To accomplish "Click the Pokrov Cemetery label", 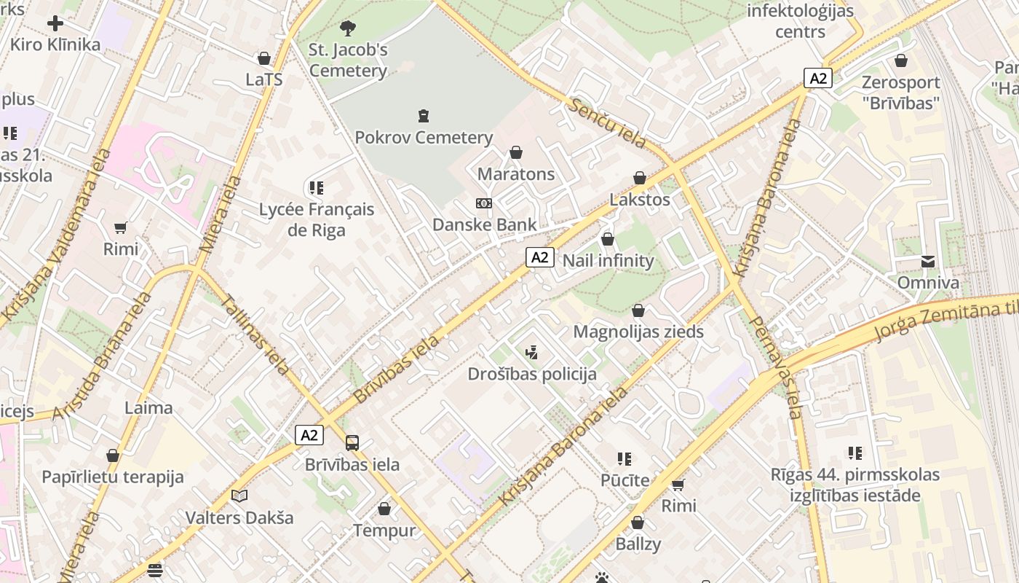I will coord(424,137).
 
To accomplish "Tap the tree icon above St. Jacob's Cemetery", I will coord(348,28).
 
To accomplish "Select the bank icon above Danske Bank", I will coord(484,203).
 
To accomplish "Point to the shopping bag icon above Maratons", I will coord(516,152).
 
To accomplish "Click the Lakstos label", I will coord(640,199).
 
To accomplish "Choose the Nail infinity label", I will coord(608,260).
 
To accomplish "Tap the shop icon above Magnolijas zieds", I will coord(638,310).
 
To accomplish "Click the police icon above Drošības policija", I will coord(532,353).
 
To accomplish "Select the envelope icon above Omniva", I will coord(928,262).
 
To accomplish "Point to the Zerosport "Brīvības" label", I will coord(901,93).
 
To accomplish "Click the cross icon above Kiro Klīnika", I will coord(55,23).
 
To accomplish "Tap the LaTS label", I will coord(263,79).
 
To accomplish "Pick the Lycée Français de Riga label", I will coord(317,219).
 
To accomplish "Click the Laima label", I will coord(148,407).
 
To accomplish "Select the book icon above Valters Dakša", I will coord(239,496).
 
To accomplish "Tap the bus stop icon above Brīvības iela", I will coord(352,442).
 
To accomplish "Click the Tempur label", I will coord(384,530).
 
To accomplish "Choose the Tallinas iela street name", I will coord(255,334).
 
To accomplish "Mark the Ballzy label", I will coord(638,544).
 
